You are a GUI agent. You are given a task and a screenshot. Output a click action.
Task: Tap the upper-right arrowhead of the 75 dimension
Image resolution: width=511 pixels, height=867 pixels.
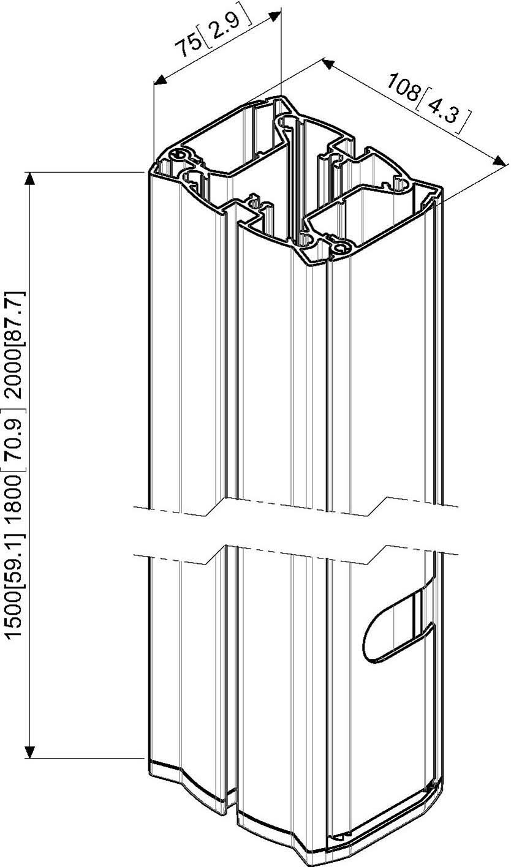[274, 15]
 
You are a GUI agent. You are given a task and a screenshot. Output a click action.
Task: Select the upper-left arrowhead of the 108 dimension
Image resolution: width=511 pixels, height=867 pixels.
[328, 64]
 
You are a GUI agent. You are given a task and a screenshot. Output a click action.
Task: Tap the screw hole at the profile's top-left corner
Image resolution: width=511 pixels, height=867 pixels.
[178, 154]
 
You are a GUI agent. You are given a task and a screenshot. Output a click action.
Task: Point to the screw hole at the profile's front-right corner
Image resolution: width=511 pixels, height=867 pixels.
[341, 247]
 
